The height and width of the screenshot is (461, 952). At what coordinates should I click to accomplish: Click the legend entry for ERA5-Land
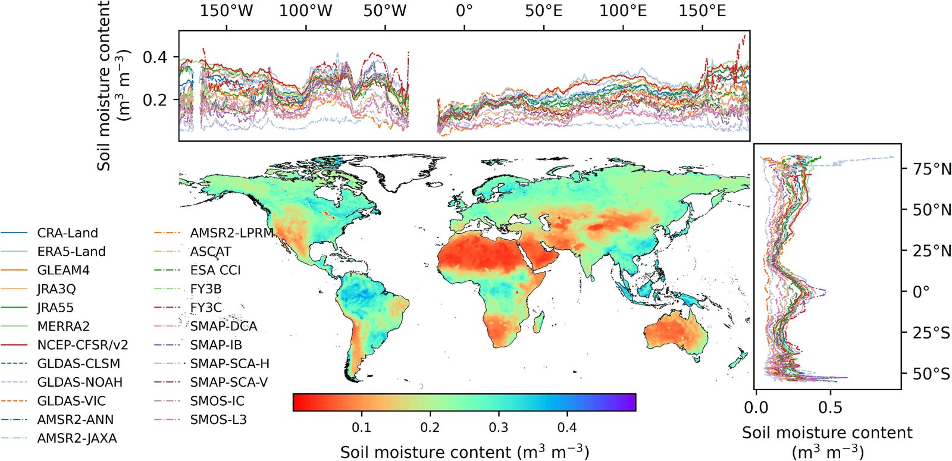(x=71, y=252)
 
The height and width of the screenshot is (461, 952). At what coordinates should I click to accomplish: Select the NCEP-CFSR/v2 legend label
(x=82, y=345)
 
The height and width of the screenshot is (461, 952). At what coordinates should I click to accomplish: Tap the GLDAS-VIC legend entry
(x=71, y=401)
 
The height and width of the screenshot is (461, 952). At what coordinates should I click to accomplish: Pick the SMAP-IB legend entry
(x=215, y=345)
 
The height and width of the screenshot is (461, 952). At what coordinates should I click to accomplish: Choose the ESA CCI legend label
(x=215, y=270)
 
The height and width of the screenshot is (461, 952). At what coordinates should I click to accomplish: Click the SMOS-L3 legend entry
(x=218, y=419)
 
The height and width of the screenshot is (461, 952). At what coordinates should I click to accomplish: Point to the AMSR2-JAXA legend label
(x=77, y=438)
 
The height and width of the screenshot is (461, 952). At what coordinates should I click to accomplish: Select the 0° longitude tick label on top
(x=464, y=11)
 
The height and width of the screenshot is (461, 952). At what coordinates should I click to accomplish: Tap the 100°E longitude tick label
(x=622, y=11)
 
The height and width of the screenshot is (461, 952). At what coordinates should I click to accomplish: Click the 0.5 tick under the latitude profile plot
(x=829, y=408)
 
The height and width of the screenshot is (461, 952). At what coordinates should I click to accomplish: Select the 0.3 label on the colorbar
(x=498, y=428)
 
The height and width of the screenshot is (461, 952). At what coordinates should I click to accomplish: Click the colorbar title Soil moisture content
(x=464, y=452)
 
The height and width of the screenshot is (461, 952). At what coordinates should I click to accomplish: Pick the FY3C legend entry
(x=205, y=308)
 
